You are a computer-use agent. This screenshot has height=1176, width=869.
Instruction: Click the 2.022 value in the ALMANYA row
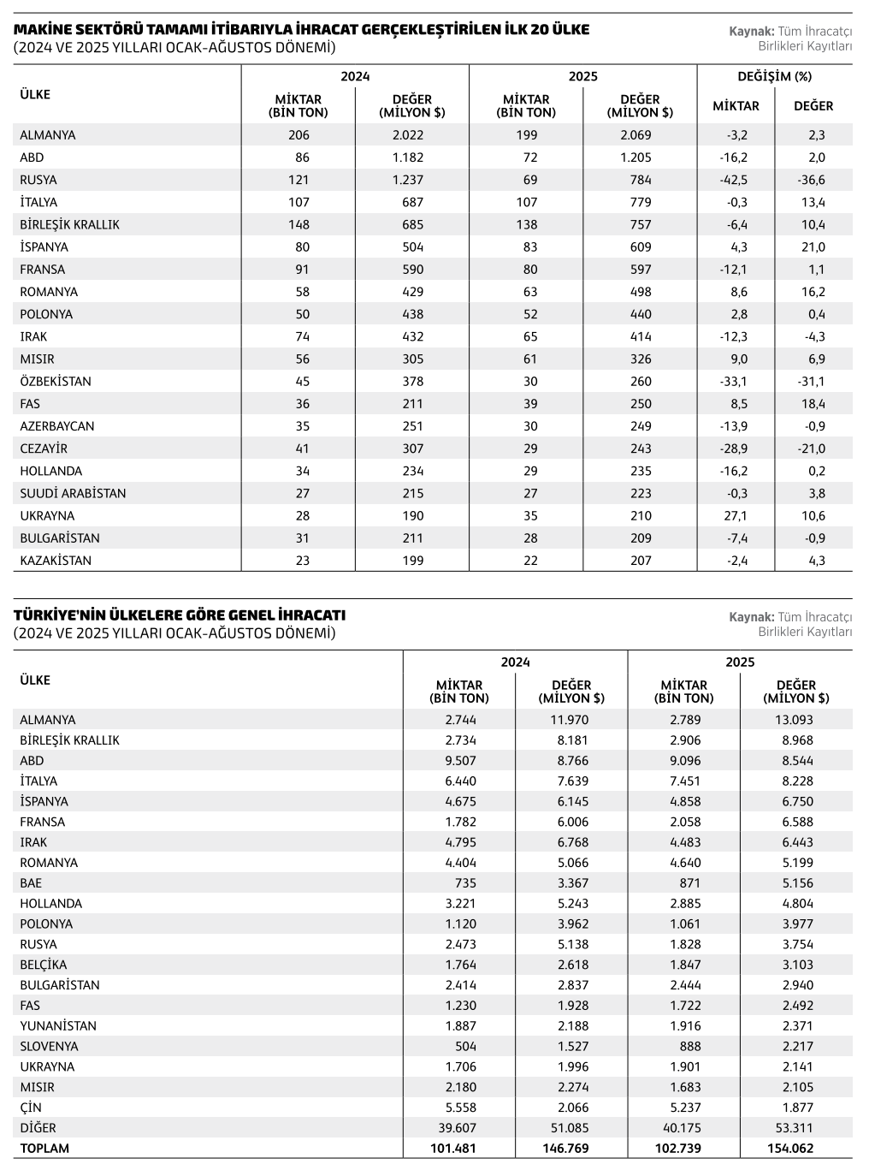[407, 135]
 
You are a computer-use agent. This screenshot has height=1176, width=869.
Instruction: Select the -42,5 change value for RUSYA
[733, 180]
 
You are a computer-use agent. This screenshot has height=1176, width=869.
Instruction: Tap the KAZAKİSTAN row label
[56, 561]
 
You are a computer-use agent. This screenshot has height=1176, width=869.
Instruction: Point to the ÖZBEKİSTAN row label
[56, 382]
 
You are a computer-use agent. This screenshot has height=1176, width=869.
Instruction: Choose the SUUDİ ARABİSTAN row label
[73, 494]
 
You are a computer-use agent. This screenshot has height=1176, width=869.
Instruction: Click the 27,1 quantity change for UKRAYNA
[736, 516]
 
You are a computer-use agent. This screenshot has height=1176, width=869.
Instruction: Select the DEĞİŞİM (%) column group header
[774, 76]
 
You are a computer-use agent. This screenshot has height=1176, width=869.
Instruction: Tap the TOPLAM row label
[44, 1149]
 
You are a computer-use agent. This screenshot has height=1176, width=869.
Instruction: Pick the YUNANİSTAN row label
[58, 1026]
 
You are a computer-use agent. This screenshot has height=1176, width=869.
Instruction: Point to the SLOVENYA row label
[49, 1047]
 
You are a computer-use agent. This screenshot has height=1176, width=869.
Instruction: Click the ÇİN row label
[31, 1108]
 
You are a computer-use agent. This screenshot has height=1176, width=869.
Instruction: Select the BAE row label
[31, 883]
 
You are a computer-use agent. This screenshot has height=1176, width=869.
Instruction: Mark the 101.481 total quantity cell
[452, 1149]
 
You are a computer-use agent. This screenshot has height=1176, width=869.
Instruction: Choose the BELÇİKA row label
[44, 965]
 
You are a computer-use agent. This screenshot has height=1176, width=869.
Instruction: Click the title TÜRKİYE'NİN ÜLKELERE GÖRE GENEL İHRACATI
[180, 615]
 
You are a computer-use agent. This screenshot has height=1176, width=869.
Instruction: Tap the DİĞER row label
[38, 1128]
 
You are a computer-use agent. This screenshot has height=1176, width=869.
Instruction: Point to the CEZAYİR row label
[44, 448]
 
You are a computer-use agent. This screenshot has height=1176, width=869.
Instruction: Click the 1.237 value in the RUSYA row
[407, 180]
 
